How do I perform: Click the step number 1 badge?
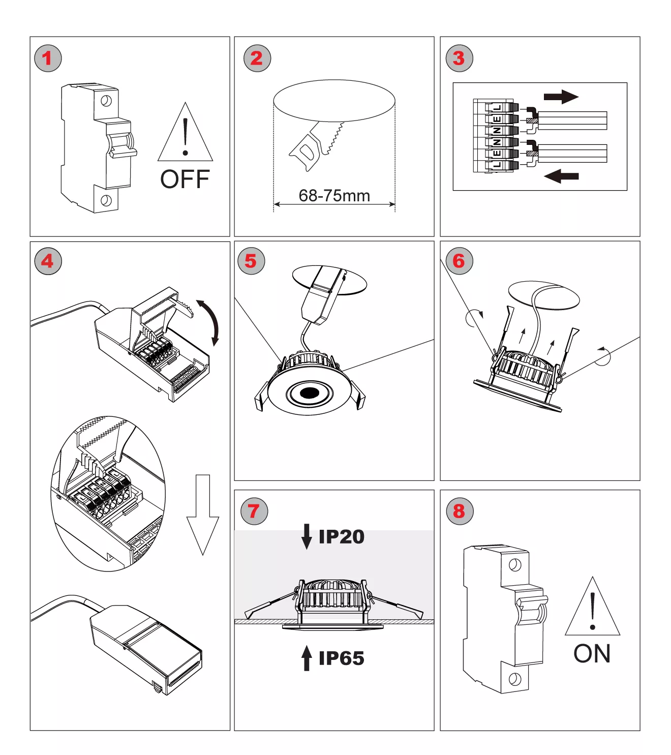point(48,58)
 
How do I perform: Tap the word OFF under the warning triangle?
point(185,179)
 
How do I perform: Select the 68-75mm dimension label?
point(334,196)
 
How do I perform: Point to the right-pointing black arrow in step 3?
point(561,97)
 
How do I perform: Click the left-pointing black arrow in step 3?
point(561,176)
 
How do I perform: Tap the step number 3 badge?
point(459,58)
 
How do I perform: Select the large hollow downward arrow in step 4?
point(202,514)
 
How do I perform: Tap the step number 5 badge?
point(251,261)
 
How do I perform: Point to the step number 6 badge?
point(459,261)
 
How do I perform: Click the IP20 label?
point(341,537)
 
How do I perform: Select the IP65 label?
point(341,658)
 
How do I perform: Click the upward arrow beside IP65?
point(307,658)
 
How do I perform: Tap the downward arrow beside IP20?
point(307,536)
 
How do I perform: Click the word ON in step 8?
point(592,654)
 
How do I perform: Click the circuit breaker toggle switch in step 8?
point(532,611)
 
